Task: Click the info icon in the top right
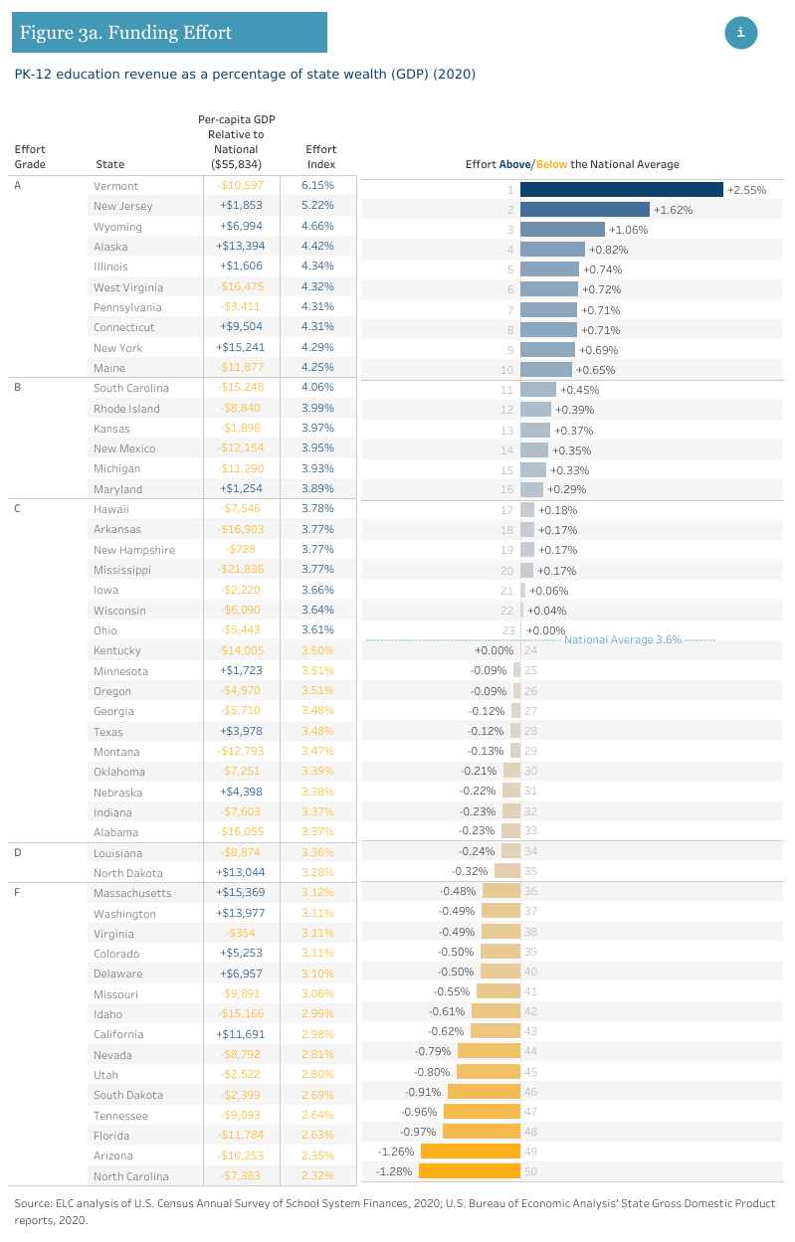(740, 33)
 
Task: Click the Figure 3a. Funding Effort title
(125, 33)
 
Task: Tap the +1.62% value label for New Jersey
(673, 210)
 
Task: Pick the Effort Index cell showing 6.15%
(317, 185)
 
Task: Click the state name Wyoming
(117, 227)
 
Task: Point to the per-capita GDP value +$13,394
(241, 246)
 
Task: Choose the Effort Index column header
(320, 157)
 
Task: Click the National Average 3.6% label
(622, 640)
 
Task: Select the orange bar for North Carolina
(470, 1171)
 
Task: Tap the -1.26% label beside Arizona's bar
(396, 1152)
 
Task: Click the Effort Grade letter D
(18, 852)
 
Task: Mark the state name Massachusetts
(132, 893)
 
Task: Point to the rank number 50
(530, 1172)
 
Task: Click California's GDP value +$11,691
(241, 1034)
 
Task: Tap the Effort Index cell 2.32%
(317, 1175)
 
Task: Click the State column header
(109, 164)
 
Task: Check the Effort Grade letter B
(18, 387)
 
